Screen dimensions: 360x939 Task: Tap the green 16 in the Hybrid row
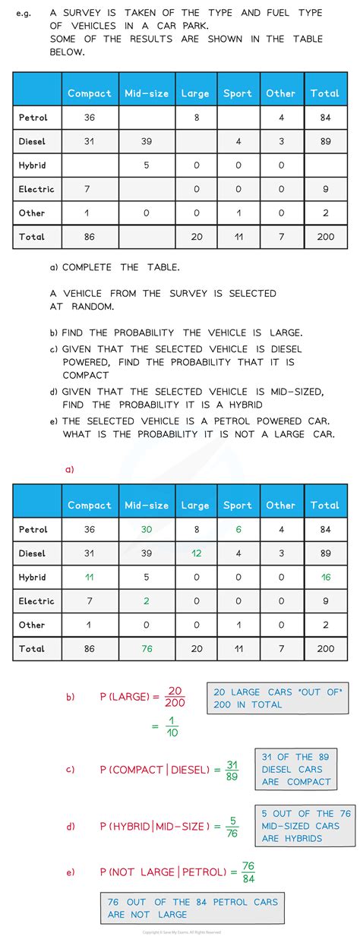click(x=325, y=577)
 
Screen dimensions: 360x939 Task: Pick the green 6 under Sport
click(x=238, y=529)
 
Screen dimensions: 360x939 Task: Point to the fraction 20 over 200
click(x=174, y=696)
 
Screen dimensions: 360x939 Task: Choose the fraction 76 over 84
click(x=248, y=872)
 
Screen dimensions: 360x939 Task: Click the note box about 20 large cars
click(x=277, y=698)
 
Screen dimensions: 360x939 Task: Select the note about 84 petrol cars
click(x=192, y=908)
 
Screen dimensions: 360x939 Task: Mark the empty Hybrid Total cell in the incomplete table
click(x=325, y=165)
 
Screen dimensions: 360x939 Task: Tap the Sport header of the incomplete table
click(x=238, y=93)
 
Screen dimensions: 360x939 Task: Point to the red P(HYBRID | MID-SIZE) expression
click(x=153, y=826)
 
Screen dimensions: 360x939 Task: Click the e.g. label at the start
click(x=24, y=13)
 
